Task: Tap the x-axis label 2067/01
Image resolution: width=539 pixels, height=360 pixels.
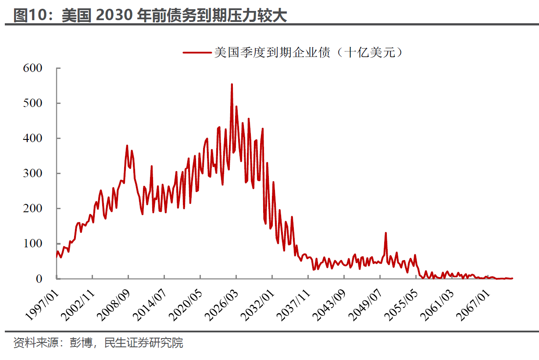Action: pyautogui.click(x=472, y=299)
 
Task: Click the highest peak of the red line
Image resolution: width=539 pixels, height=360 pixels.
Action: pyautogui.click(x=232, y=84)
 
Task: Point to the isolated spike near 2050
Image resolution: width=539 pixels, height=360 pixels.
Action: pyautogui.click(x=386, y=233)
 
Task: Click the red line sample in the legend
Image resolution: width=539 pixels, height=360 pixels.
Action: pyautogui.click(x=197, y=53)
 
